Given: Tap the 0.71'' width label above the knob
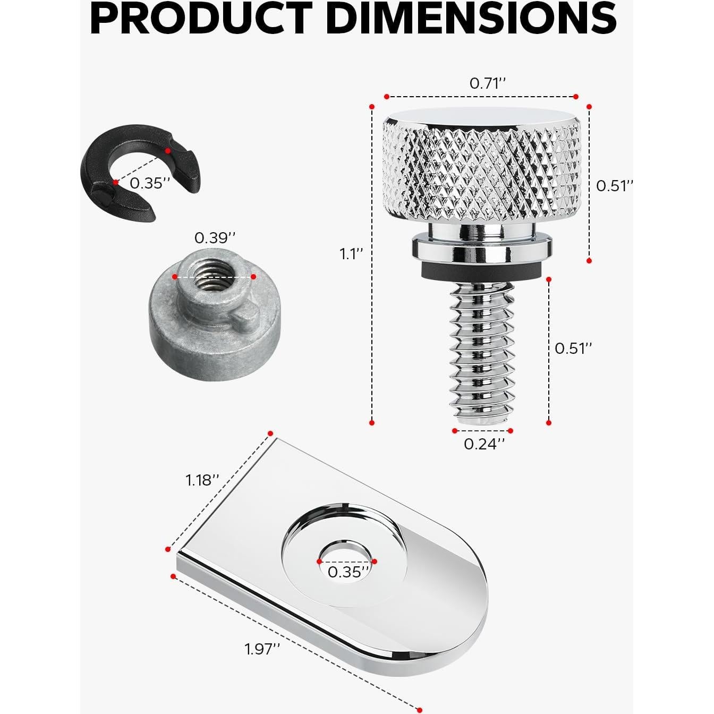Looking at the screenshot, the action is [x=488, y=84].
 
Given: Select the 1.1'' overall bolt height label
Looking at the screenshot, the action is [x=351, y=254].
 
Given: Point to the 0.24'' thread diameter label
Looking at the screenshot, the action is [x=484, y=444].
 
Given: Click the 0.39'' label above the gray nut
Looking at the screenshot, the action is [x=215, y=238].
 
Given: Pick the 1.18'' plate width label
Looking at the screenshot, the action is [x=202, y=480].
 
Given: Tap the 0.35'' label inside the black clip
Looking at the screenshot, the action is [x=150, y=183].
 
